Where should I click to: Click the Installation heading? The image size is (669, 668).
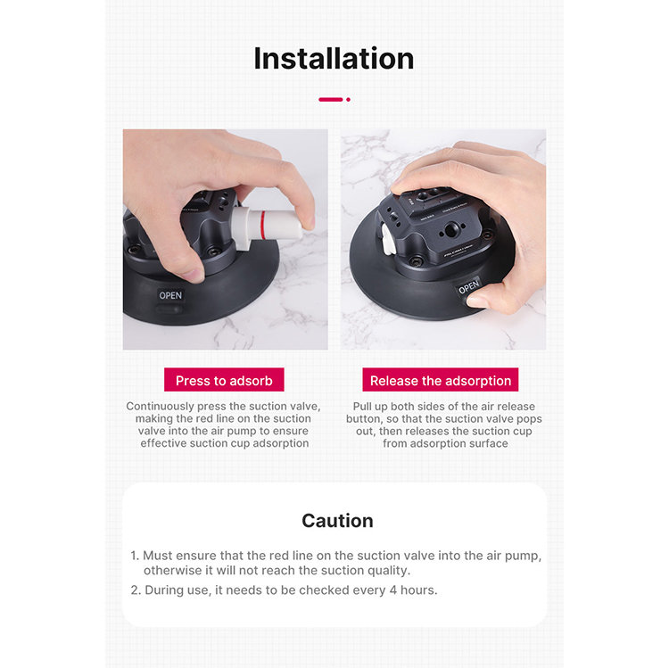coord(334,59)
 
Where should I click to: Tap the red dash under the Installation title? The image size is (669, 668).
coord(331,99)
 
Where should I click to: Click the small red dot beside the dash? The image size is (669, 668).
coord(348,99)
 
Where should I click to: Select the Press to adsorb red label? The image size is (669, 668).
coord(224,380)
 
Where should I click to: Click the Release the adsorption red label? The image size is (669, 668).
coord(441,380)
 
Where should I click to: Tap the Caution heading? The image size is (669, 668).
coord(337,521)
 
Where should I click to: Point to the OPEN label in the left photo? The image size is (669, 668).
coord(170,295)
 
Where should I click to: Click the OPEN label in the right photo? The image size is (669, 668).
coord(469,287)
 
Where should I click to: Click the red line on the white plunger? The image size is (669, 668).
coord(263,224)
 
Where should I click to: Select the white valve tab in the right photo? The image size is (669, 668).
coord(386,240)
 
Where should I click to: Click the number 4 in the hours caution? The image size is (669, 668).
coord(393,590)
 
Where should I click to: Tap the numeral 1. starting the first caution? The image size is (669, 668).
coord(135,556)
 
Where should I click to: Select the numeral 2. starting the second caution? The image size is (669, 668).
coord(136,590)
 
